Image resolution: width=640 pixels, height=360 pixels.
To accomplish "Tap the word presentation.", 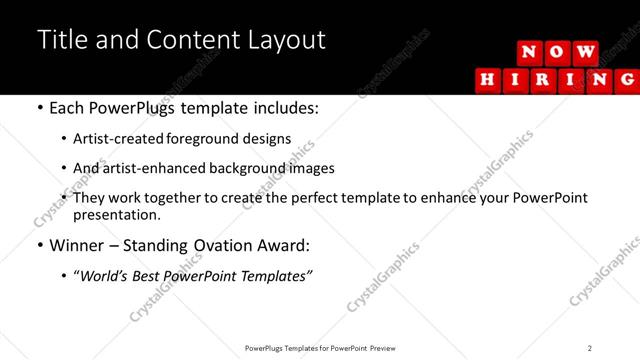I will tap(117, 214).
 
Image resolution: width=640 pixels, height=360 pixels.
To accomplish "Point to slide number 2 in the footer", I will tap(590, 348).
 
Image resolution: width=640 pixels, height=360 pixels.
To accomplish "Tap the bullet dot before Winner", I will tap(40, 245).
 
